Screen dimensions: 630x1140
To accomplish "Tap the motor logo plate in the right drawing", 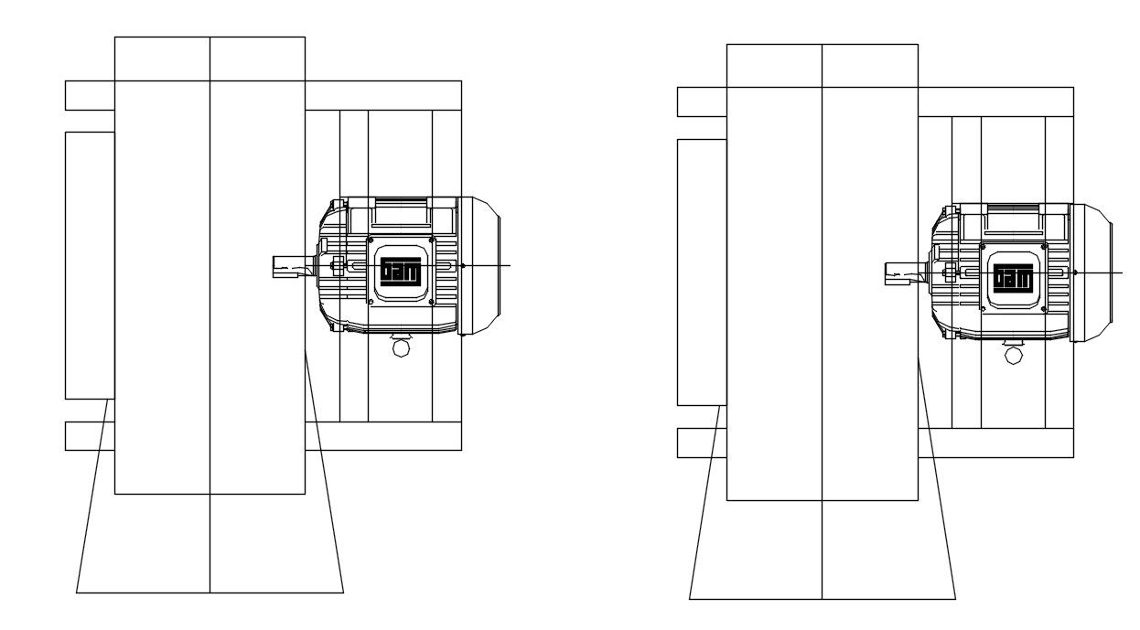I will click(x=1013, y=278).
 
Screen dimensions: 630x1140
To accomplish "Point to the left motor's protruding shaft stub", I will click(x=292, y=266).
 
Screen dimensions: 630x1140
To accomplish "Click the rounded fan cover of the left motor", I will click(x=480, y=265).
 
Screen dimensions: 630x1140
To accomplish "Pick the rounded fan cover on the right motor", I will click(x=1092, y=272).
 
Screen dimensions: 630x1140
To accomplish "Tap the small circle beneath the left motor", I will click(x=401, y=348).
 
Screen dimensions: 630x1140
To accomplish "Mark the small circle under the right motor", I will click(x=1013, y=355).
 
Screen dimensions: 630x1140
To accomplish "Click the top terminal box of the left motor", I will click(x=400, y=211).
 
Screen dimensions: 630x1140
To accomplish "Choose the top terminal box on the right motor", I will click(x=1013, y=219).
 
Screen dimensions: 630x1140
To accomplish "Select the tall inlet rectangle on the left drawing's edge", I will click(x=90, y=265).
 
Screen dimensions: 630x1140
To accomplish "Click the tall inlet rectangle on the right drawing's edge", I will click(x=702, y=272).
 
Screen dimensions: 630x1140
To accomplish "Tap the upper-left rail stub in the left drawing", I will click(x=90, y=96).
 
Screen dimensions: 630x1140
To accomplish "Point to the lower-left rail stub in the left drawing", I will click(x=90, y=436).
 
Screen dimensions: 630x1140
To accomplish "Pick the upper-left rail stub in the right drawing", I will click(x=702, y=101).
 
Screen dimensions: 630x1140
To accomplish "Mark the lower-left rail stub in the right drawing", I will click(x=702, y=443).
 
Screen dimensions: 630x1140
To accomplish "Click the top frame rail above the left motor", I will click(x=382, y=96).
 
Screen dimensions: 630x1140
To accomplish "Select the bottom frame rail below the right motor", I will click(x=995, y=443).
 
